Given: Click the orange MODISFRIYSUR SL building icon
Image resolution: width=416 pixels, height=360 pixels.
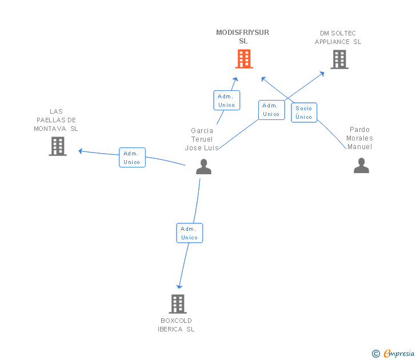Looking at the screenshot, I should [x=244, y=59].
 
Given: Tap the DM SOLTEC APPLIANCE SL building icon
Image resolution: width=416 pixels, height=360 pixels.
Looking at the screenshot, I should [x=339, y=59].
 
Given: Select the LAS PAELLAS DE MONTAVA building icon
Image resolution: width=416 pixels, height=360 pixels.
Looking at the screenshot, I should [x=58, y=146].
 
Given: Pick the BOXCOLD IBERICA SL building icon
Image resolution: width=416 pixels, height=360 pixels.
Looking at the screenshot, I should [x=178, y=304].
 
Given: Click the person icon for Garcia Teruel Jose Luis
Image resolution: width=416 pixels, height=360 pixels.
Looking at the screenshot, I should [x=203, y=167].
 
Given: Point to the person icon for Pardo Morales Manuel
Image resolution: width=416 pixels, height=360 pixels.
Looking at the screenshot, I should [x=361, y=166].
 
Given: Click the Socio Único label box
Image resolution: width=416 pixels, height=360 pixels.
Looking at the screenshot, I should [x=304, y=113].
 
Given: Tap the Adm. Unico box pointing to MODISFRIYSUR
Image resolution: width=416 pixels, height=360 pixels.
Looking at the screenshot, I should [x=226, y=101].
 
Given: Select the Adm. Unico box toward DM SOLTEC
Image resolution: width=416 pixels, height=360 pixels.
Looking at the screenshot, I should [x=271, y=110].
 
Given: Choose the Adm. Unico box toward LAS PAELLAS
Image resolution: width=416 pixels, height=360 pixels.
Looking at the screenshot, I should [x=132, y=157].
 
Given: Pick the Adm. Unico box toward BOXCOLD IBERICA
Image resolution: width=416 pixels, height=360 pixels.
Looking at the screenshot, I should [x=189, y=233].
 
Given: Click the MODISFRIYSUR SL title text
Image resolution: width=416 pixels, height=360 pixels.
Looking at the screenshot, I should [x=243, y=37].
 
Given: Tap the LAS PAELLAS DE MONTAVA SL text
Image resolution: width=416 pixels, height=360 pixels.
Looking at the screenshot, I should [x=56, y=120].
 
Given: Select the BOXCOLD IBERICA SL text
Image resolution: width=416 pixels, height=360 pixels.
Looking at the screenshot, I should [x=177, y=325].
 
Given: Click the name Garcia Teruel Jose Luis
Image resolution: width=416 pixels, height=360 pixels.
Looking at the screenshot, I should [x=202, y=139].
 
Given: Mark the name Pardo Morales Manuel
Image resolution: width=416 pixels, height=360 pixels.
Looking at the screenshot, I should [x=360, y=138].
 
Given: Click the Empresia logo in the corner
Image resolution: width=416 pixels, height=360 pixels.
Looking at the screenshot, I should [x=399, y=354].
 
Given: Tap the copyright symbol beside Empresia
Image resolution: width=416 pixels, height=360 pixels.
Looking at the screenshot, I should [x=375, y=354].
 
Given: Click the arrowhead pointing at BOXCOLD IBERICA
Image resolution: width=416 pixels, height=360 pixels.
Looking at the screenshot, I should [x=179, y=286].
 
